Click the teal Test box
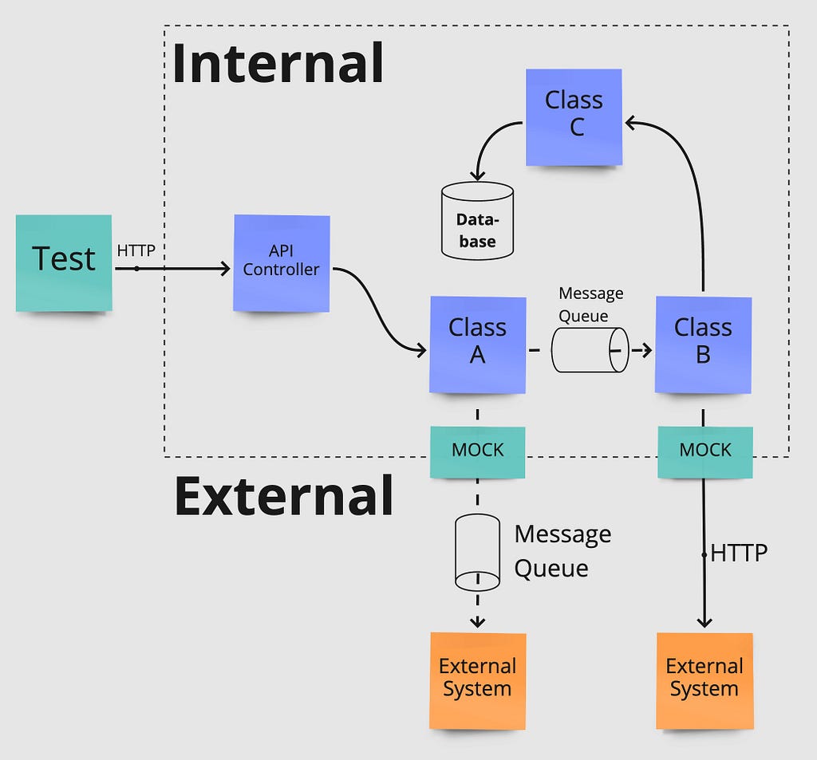point(64,263)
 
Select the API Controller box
point(282,263)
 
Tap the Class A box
point(477,345)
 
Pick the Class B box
point(703,345)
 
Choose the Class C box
point(574,117)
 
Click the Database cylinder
point(477,220)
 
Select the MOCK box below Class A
point(477,452)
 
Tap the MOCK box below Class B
point(705,452)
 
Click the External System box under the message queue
point(477,681)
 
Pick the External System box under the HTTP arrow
point(705,681)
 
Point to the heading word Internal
point(278,63)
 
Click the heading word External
point(284,495)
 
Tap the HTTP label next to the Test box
point(136,250)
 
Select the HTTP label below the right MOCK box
point(739,553)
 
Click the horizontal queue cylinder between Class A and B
point(590,350)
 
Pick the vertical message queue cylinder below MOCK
point(477,552)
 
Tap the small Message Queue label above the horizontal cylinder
point(591,305)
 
